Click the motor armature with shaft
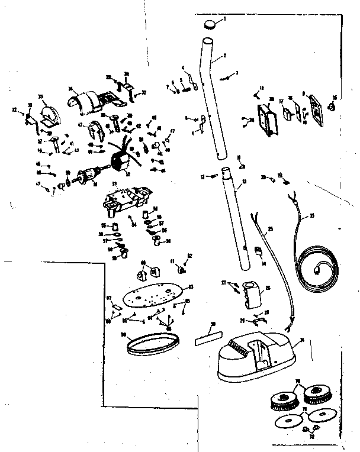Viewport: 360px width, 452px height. (88, 175)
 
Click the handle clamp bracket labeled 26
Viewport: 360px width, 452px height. (252, 295)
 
